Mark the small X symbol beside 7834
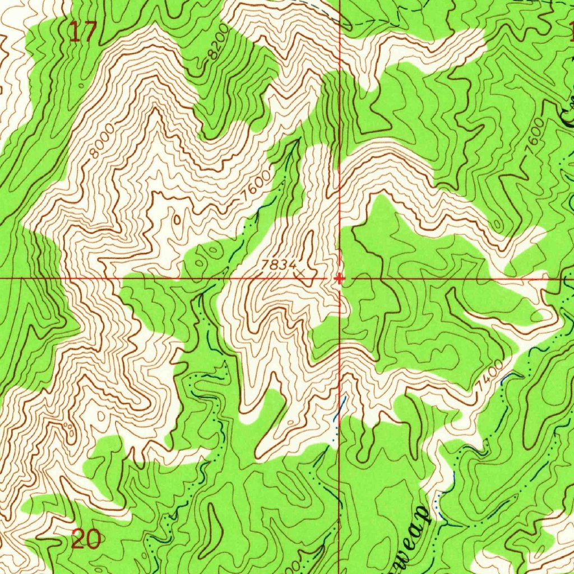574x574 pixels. point(300,274)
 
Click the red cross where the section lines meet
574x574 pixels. point(339,278)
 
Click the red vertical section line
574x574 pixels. point(340,140)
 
